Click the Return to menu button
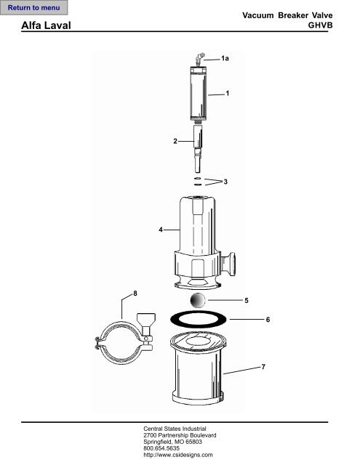(34, 8)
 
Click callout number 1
(228, 94)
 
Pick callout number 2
(175, 141)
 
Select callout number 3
(226, 182)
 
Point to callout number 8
(135, 293)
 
